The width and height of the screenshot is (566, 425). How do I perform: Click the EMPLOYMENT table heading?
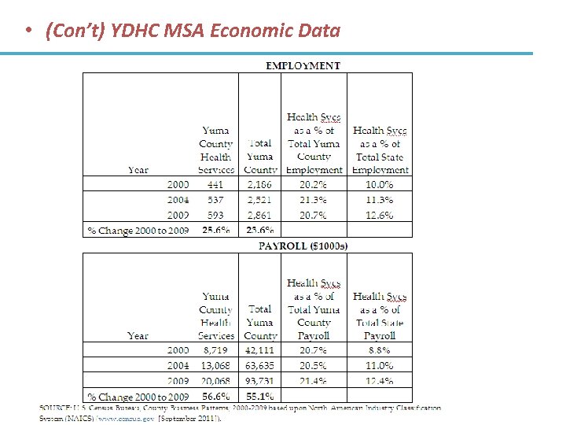click(x=303, y=65)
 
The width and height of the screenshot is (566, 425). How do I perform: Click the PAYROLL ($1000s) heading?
click(x=303, y=246)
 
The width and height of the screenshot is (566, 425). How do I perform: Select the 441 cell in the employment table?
click(x=215, y=184)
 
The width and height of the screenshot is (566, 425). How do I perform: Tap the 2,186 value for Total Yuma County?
click(x=260, y=184)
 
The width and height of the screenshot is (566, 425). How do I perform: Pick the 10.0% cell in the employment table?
click(x=380, y=184)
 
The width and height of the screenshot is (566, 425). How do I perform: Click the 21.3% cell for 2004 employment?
click(x=314, y=200)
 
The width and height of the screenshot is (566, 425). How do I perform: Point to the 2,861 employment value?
click(x=260, y=215)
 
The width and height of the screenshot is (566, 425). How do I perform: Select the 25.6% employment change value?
click(x=216, y=231)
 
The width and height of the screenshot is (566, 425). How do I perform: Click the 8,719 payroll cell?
click(x=215, y=349)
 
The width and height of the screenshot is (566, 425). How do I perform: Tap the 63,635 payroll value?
click(x=260, y=365)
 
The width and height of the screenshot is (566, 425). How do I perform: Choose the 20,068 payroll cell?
click(x=215, y=382)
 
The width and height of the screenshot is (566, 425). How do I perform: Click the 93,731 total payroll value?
click(x=260, y=382)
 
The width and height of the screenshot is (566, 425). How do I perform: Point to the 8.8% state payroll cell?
click(x=380, y=349)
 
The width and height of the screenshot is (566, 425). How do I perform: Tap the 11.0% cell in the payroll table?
click(x=380, y=365)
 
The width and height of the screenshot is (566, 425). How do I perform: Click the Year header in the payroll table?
click(x=138, y=335)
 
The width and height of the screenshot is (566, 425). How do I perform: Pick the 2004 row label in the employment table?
click(x=178, y=200)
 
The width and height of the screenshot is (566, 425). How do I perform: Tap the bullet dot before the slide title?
click(x=28, y=31)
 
